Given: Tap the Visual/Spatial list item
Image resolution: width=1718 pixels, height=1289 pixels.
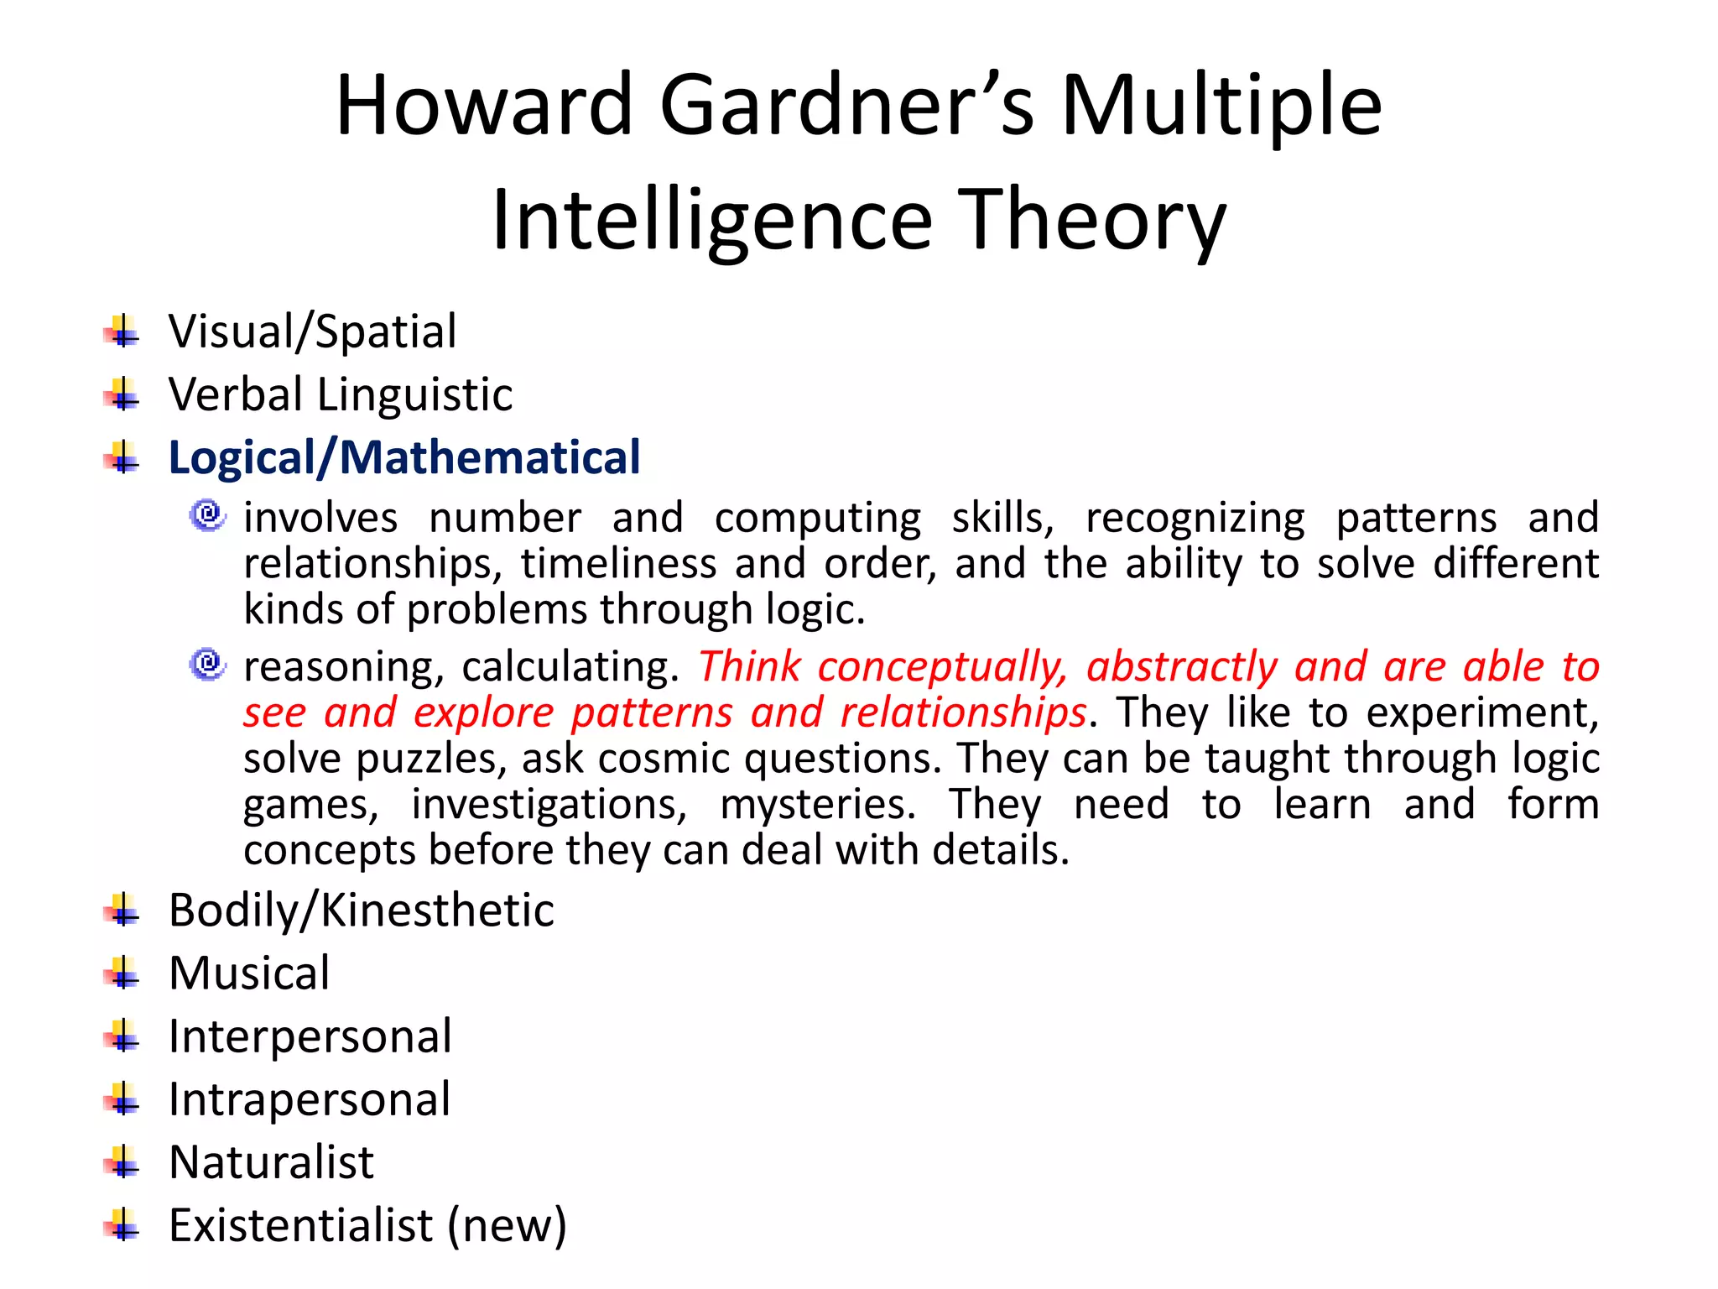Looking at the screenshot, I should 313,331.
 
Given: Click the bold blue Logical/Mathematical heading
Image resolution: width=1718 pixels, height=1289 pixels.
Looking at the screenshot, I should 404,458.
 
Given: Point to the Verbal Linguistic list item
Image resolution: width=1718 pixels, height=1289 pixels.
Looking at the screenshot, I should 341,394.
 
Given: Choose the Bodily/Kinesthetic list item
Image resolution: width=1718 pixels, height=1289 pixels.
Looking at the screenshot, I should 362,911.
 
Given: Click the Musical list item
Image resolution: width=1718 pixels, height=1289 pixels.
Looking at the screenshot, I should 249,973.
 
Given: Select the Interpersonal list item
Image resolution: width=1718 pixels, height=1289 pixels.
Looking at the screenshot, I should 310,1036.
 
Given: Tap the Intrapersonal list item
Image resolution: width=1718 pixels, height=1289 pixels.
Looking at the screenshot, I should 310,1099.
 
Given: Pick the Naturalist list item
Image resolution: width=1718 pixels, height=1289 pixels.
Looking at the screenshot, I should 271,1163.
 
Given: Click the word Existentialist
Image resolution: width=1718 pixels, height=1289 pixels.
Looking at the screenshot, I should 301,1226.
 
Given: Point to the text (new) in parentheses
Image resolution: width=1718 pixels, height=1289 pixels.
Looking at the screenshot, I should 508,1226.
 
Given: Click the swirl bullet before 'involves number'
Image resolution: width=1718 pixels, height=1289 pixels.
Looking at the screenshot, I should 207,514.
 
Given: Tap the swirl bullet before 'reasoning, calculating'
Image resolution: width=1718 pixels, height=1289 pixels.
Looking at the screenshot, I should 207,664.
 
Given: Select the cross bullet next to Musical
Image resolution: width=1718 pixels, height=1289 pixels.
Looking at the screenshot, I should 122,973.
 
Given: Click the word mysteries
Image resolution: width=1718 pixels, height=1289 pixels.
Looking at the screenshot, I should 818,805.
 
